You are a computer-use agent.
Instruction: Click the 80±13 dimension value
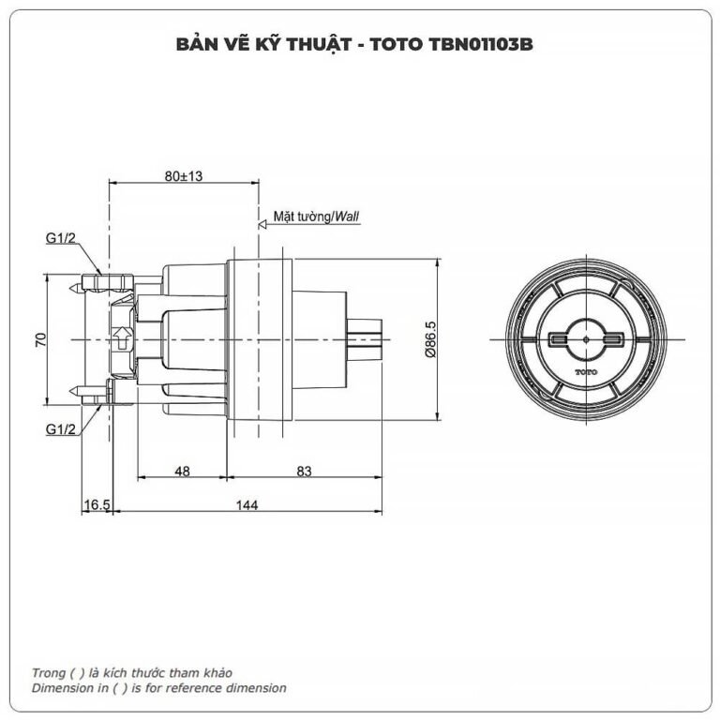click(x=184, y=175)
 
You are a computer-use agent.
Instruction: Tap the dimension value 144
click(x=246, y=504)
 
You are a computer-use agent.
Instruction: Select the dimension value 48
click(x=182, y=472)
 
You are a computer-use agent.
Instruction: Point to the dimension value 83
click(x=305, y=472)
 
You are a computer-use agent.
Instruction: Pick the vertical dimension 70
click(x=40, y=339)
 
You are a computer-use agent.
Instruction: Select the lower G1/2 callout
click(x=60, y=429)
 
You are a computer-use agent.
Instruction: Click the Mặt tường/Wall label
click(x=316, y=216)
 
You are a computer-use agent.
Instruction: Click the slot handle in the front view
click(x=585, y=338)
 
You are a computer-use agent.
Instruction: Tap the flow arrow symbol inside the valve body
click(x=121, y=337)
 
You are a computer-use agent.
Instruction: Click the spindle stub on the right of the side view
click(x=367, y=337)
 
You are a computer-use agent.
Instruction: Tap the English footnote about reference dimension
click(x=159, y=687)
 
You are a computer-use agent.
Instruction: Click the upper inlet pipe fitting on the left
click(x=105, y=280)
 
